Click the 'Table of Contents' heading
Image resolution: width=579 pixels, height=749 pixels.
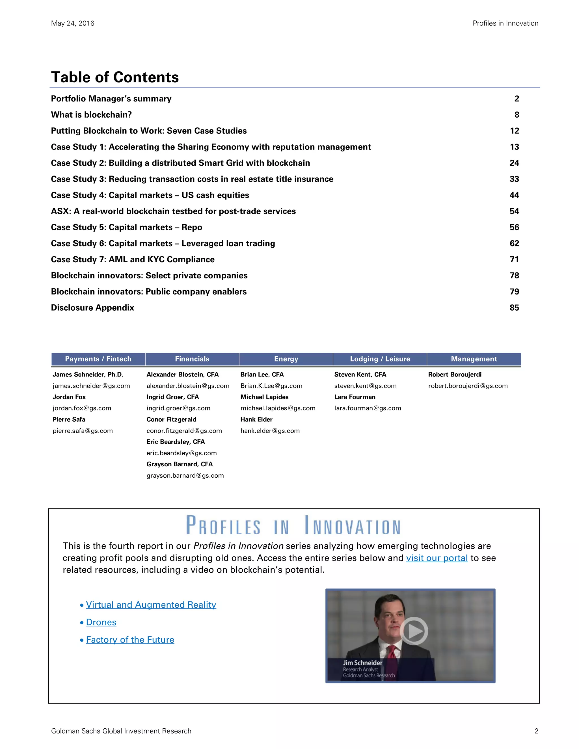[114, 77]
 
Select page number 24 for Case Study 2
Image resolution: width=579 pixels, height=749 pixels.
[514, 163]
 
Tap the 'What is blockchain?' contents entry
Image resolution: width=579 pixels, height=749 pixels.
[91, 114]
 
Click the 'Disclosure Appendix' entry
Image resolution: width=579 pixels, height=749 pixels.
[92, 308]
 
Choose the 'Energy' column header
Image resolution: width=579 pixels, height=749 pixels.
[286, 359]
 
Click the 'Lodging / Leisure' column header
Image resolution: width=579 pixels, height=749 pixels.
[380, 359]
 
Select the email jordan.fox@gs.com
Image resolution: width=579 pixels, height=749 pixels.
[82, 408]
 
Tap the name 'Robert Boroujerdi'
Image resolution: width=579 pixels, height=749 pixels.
[455, 374]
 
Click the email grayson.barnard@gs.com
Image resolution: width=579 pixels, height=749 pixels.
[185, 475]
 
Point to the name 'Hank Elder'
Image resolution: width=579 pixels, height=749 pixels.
[256, 419]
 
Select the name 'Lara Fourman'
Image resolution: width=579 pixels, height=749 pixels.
[355, 397]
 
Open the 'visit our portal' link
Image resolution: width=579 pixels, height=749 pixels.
[437, 558]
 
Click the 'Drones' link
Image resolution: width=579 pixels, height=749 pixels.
[101, 622]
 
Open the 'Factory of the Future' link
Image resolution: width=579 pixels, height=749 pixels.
[130, 640]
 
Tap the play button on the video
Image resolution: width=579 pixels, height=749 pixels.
[414, 631]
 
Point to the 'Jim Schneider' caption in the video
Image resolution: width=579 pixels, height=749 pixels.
[362, 663]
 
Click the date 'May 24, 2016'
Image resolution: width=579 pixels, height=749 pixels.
[72, 23]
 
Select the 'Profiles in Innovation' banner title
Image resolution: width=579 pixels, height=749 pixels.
[293, 526]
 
